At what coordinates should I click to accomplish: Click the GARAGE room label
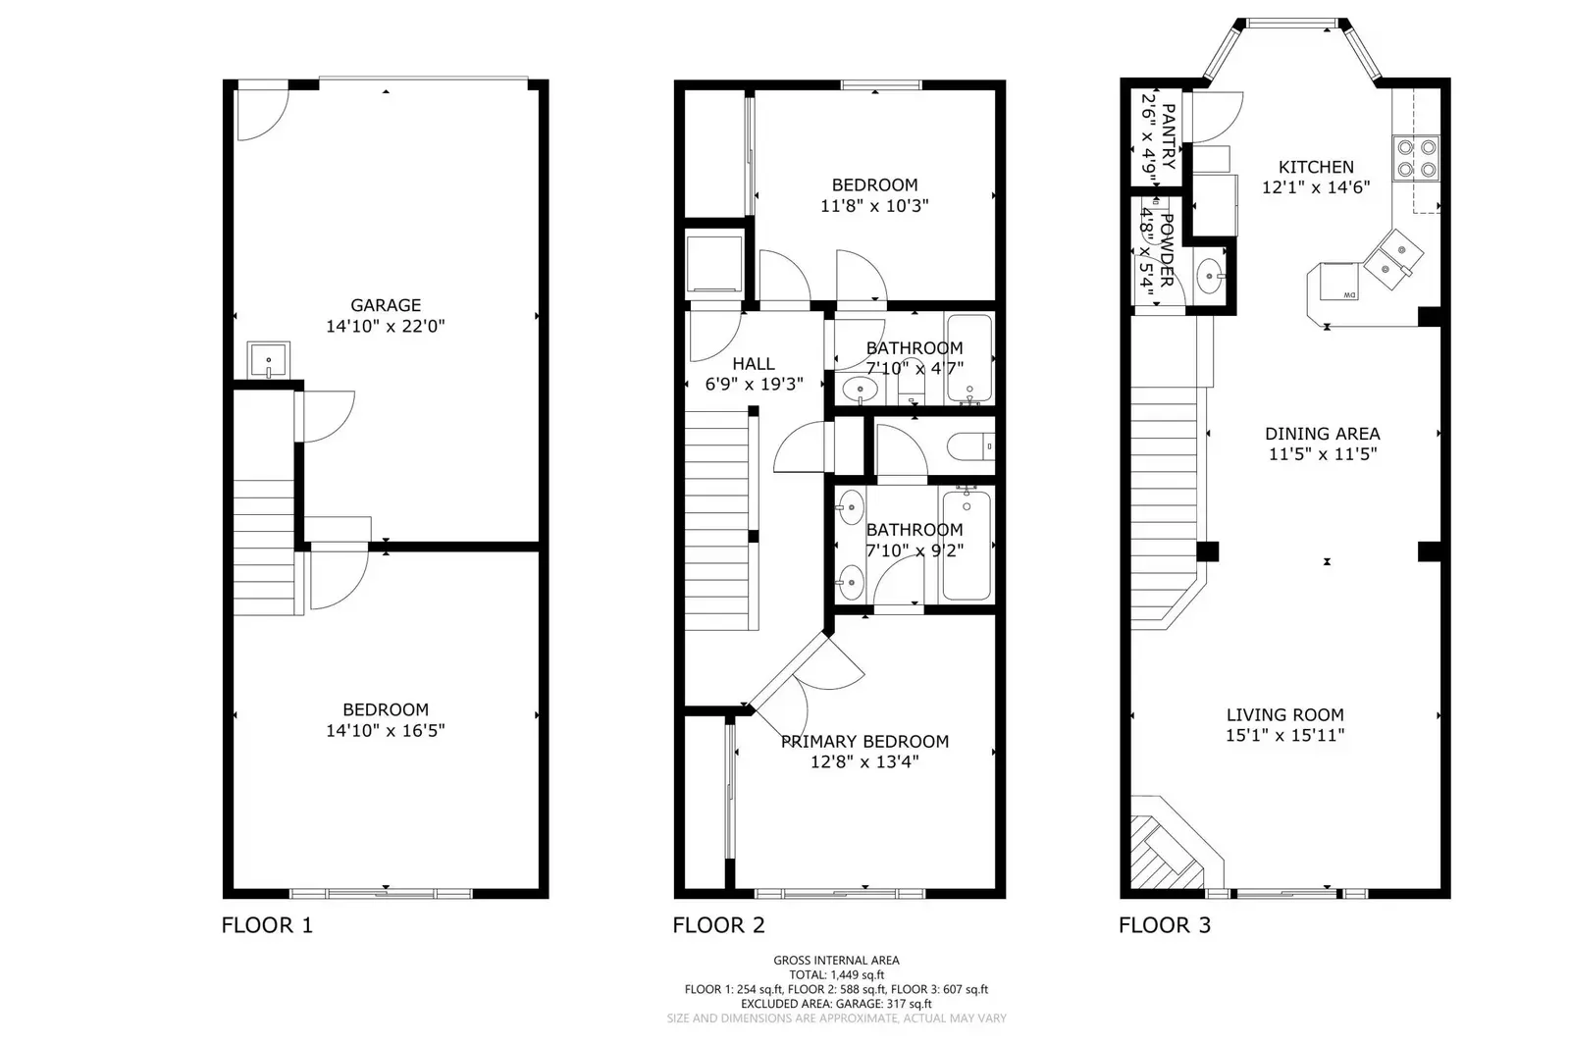point(386,305)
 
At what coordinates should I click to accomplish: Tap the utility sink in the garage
point(268,360)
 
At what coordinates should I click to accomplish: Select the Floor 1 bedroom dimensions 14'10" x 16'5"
point(386,730)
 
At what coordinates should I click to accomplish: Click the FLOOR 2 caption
point(718,925)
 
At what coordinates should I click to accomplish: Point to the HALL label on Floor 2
point(753,364)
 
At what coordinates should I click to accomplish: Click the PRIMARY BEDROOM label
point(864,742)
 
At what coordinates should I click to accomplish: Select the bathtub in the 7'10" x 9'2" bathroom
point(967,546)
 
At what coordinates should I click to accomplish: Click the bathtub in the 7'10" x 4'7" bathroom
point(968,358)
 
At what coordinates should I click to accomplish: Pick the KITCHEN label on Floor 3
point(1316,168)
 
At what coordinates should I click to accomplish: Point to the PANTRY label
point(1168,136)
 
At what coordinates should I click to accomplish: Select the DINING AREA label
point(1322,434)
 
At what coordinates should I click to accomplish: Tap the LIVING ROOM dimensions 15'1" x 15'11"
point(1284,736)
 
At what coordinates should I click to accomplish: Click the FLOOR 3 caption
point(1165,925)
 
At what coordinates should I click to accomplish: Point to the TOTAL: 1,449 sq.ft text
point(835,975)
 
